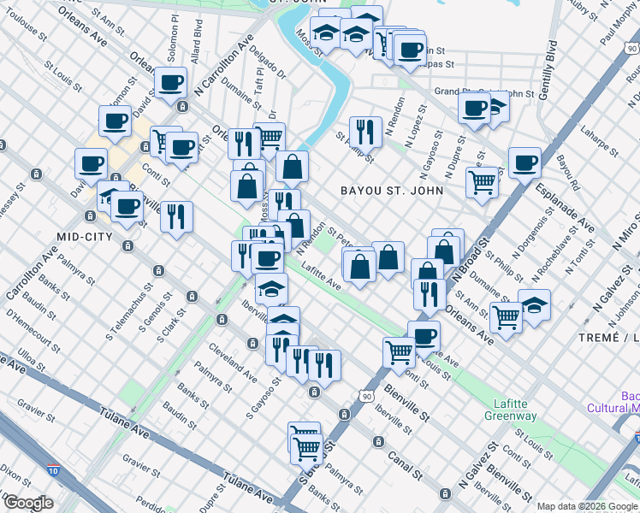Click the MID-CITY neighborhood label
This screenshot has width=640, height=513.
(86, 236)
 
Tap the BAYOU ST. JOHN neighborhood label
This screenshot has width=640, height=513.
(393, 190)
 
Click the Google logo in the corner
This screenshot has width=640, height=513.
(27, 503)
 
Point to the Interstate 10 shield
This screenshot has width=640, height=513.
(53, 470)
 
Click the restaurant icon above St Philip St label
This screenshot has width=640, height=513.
(366, 129)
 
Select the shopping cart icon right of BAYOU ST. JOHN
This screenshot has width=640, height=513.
(482, 181)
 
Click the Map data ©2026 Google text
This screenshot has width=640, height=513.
(587, 506)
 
